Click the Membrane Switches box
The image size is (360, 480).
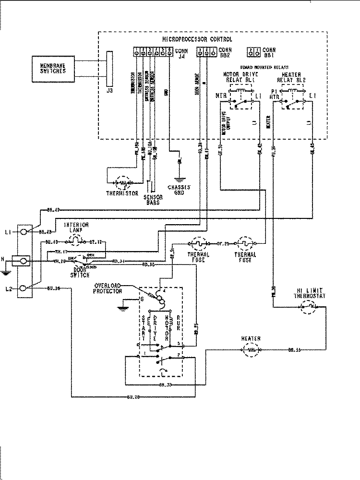point(53,68)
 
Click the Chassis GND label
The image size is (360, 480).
point(180,189)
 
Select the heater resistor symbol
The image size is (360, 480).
point(252,351)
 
